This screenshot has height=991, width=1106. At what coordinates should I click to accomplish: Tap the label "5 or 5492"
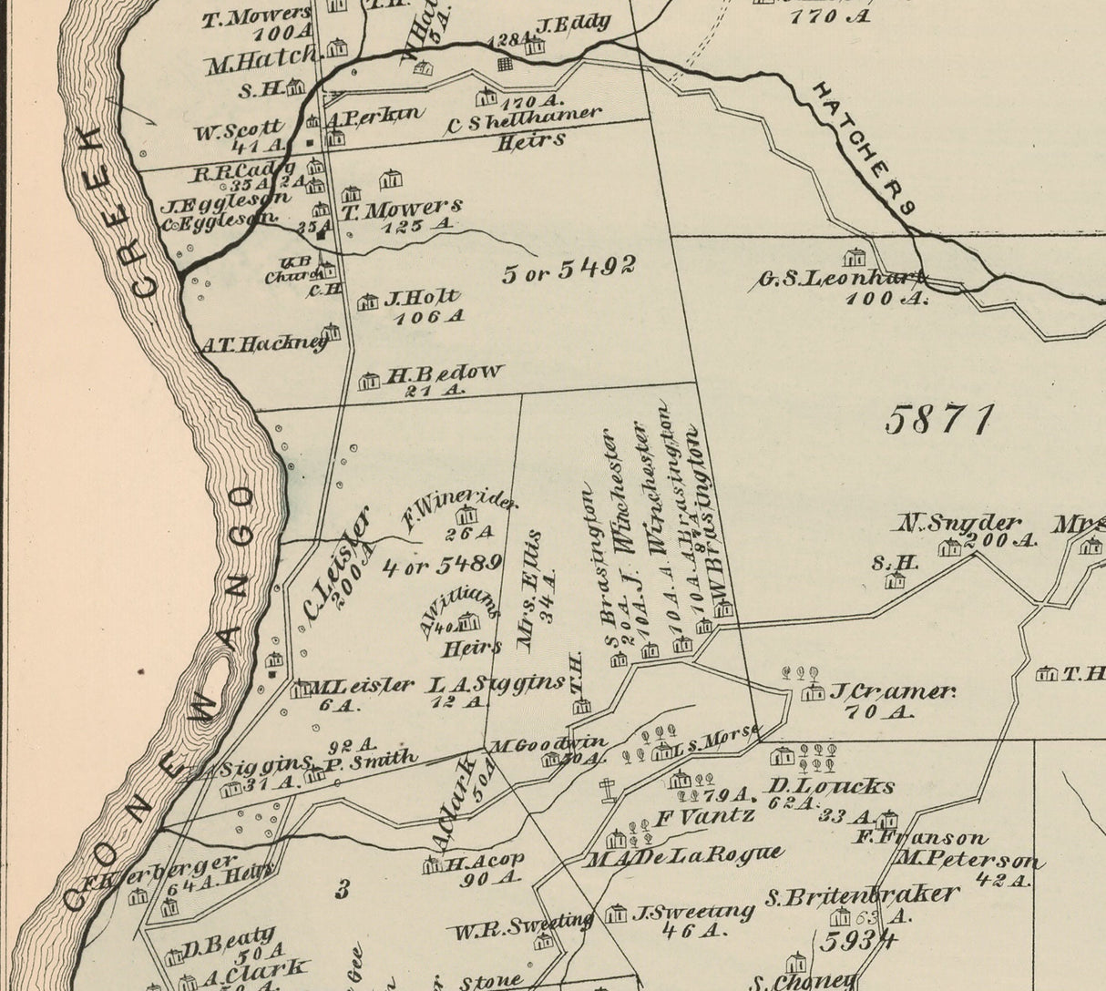pyautogui.click(x=568, y=270)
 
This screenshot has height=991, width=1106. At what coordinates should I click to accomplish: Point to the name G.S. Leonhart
pyautogui.click(x=841, y=279)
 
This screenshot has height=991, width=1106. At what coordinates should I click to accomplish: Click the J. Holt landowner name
pyautogui.click(x=423, y=298)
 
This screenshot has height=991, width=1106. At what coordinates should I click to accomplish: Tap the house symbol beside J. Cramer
pyautogui.click(x=811, y=693)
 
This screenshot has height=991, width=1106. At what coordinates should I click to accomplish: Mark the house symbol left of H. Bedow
pyautogui.click(x=369, y=382)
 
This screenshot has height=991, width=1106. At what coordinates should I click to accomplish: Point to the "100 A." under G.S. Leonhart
pyautogui.click(x=884, y=298)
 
